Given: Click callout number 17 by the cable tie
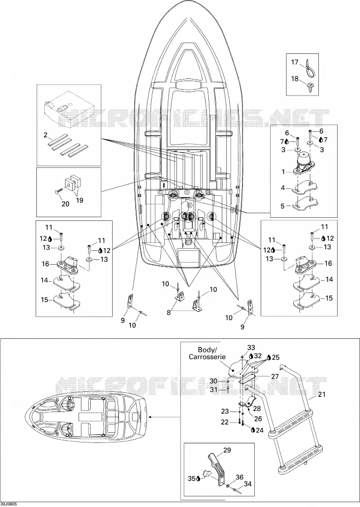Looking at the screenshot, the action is (294, 62).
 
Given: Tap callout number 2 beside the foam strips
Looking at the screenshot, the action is (45, 135).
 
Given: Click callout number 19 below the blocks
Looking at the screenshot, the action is (79, 201).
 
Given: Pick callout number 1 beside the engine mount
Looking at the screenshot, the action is (283, 172).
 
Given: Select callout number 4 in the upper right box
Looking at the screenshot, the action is (283, 187).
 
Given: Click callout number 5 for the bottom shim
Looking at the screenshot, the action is (283, 206).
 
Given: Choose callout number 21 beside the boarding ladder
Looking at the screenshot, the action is (322, 394).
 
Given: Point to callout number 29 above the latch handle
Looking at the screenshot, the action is (227, 450).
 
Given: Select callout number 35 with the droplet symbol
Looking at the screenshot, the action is (194, 478).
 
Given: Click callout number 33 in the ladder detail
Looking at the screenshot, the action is (251, 347).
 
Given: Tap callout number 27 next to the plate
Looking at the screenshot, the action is (275, 376).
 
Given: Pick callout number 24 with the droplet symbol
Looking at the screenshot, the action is (257, 430).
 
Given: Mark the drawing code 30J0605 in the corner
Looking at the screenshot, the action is (9, 504).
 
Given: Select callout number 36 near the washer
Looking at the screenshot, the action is (239, 477).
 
